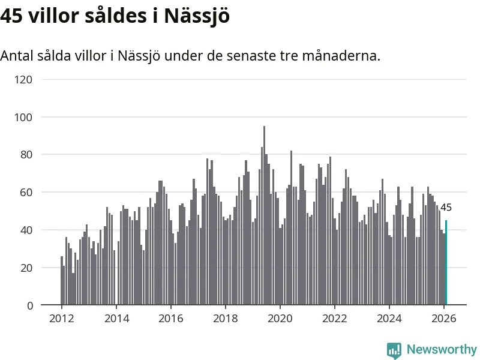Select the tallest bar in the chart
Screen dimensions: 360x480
coord(264,216)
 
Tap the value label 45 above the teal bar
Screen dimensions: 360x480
coord(446,208)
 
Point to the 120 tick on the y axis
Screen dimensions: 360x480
coord(26,79)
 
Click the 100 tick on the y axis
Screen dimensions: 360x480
coord(26,117)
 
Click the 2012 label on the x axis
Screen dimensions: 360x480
coord(61,319)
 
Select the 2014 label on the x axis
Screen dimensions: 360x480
coord(116,319)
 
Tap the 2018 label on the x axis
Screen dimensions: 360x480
coord(225,319)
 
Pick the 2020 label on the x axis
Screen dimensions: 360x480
coord(280,319)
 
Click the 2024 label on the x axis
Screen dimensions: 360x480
coord(389,319)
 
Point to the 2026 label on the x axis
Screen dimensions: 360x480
coord(443,319)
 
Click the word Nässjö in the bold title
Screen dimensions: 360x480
coord(196,16)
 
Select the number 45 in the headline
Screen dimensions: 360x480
coord(11,16)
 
